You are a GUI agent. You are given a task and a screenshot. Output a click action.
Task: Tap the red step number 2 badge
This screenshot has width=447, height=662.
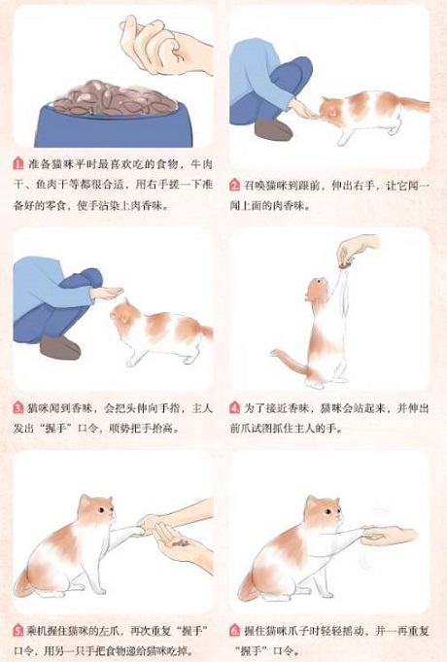click(236, 185)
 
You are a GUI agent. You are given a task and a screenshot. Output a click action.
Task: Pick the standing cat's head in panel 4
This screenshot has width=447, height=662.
click(316, 290)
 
